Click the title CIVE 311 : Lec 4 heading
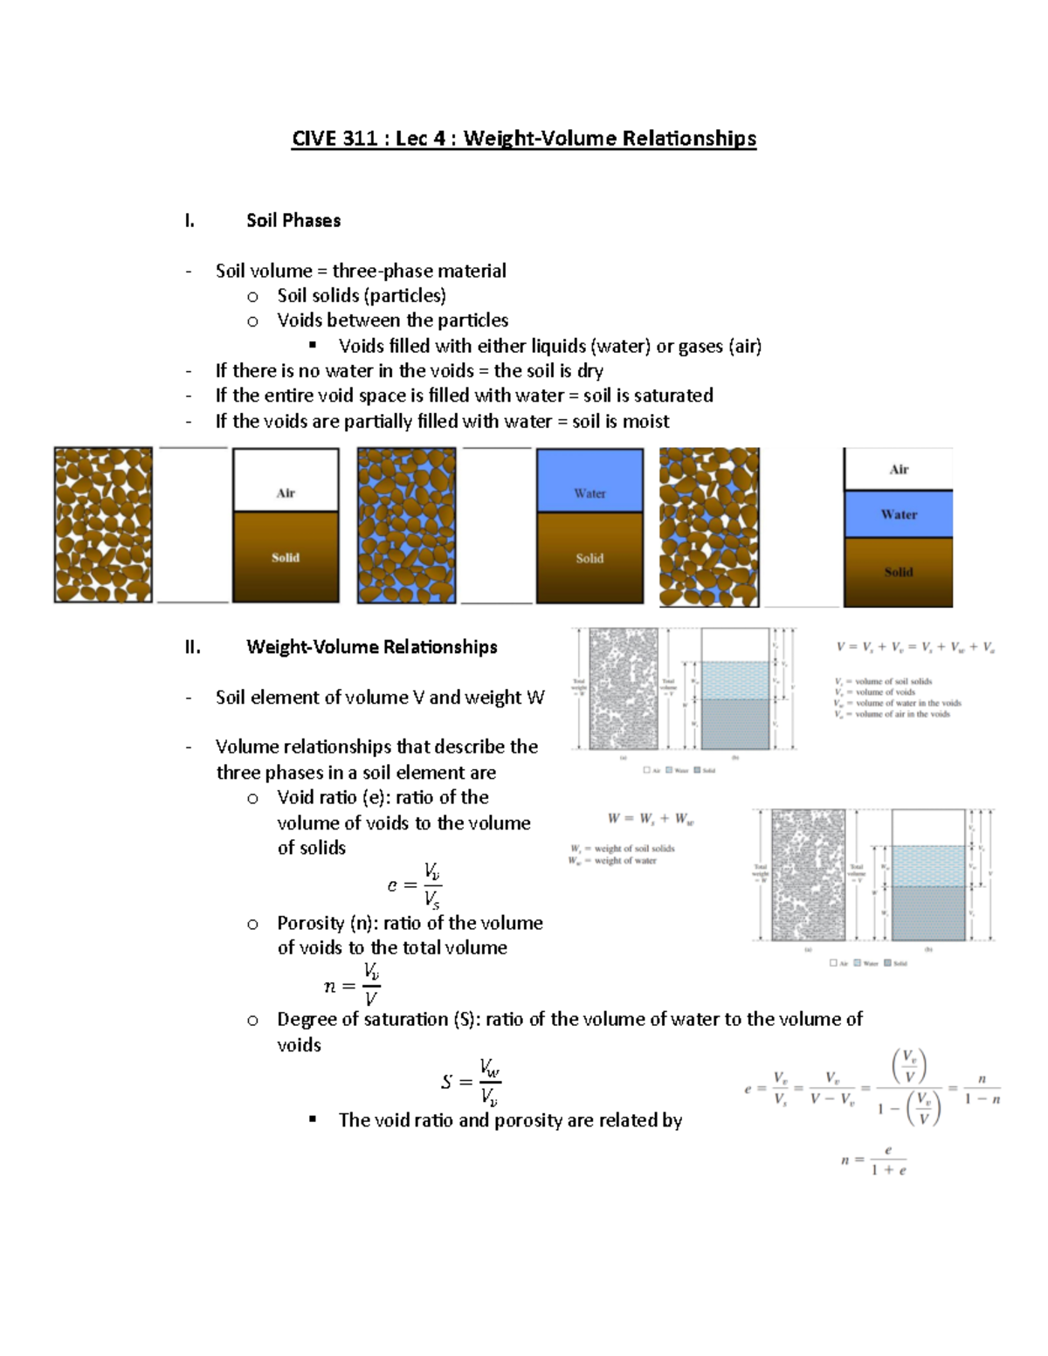(x=524, y=139)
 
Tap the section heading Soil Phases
(x=293, y=221)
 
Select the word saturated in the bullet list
(x=672, y=396)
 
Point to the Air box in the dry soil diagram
(x=286, y=481)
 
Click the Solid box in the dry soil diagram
(x=286, y=557)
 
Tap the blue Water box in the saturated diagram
(x=589, y=481)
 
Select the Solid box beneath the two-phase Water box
(x=589, y=558)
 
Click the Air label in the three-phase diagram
(x=899, y=470)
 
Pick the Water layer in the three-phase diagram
(x=899, y=514)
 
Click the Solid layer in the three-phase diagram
(x=899, y=572)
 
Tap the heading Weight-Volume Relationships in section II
(x=372, y=647)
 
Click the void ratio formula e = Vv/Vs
(x=414, y=885)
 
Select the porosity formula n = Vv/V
(x=352, y=985)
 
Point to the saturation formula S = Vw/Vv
(x=471, y=1082)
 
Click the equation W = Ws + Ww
(x=651, y=819)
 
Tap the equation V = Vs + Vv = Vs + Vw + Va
(x=915, y=648)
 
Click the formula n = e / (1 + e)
(x=874, y=1160)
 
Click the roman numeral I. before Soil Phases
(x=190, y=221)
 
